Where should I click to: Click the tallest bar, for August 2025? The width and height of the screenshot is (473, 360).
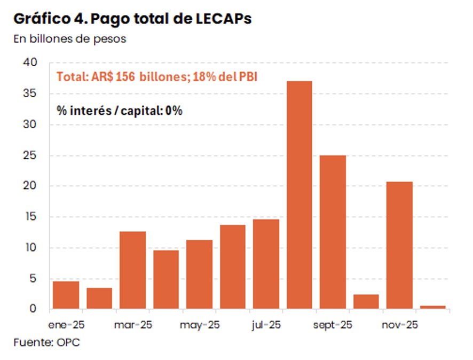point(299,195)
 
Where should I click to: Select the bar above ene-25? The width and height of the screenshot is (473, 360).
point(66,295)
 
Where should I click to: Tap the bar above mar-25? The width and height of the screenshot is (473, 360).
point(133,270)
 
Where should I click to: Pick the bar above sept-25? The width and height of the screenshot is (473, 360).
point(333,232)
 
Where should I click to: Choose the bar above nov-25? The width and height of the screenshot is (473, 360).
point(399,245)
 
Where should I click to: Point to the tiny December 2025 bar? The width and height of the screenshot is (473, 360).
point(432,307)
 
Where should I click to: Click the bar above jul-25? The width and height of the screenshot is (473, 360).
point(266,264)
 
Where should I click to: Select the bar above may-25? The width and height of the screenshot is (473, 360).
point(199,274)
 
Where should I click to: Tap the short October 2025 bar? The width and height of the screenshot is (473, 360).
point(366,302)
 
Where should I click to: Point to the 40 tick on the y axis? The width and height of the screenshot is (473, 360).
point(30,63)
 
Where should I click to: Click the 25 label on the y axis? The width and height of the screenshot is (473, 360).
point(30,155)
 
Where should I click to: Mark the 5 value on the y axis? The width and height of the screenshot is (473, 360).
point(33,278)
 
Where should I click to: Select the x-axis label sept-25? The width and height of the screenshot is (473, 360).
point(333,324)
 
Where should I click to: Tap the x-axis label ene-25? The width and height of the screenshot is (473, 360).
point(66,324)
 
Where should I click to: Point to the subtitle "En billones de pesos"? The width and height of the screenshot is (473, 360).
point(69,40)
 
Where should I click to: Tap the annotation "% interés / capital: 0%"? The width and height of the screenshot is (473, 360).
point(120,111)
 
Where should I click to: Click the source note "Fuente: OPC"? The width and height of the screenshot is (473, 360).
point(46,342)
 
